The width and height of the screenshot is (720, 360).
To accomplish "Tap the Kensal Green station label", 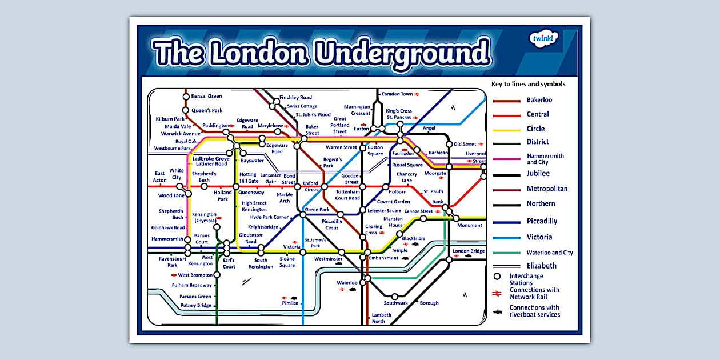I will coord(206,96).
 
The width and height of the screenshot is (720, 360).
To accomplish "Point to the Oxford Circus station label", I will coord(311,186).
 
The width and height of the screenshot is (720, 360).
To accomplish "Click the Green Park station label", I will coord(317,210).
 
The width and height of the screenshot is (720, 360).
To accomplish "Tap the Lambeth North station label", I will coord(382,318).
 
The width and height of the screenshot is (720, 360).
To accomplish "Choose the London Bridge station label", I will coord(469,251).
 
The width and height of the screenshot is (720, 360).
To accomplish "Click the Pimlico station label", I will coord(290,303).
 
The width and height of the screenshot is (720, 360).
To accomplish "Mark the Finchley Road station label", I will coord(295,97).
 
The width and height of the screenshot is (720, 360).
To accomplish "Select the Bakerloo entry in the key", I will coord(539,100).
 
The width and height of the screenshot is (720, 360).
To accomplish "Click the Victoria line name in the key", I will coord(539,237).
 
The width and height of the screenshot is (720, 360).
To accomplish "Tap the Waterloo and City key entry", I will coord(550,253).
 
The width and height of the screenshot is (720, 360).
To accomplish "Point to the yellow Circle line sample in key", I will coord(506,130).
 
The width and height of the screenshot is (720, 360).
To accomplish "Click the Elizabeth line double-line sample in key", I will coord(506,266).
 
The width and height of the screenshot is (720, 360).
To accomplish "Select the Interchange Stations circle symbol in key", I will coord(497,277).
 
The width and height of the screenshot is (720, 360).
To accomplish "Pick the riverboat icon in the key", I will coord(497,311).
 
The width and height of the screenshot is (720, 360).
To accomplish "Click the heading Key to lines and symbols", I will coord(528,84).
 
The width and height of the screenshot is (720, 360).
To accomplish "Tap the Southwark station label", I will coord(395,303).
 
